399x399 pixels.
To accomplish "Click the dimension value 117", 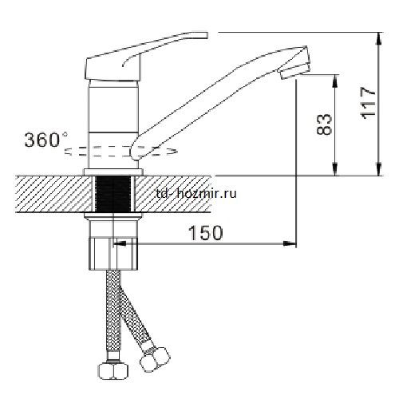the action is click(368, 103).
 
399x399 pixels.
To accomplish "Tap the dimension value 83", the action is click(324, 124).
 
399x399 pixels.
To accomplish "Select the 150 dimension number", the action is click(206, 233).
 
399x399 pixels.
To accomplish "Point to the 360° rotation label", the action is click(46, 140).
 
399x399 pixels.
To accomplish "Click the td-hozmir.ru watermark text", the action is click(196, 194).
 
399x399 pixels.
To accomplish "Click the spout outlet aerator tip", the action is click(295, 70).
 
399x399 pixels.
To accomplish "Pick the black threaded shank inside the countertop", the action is click(114, 194).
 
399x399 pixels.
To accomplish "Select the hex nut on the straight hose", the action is click(113, 369).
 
